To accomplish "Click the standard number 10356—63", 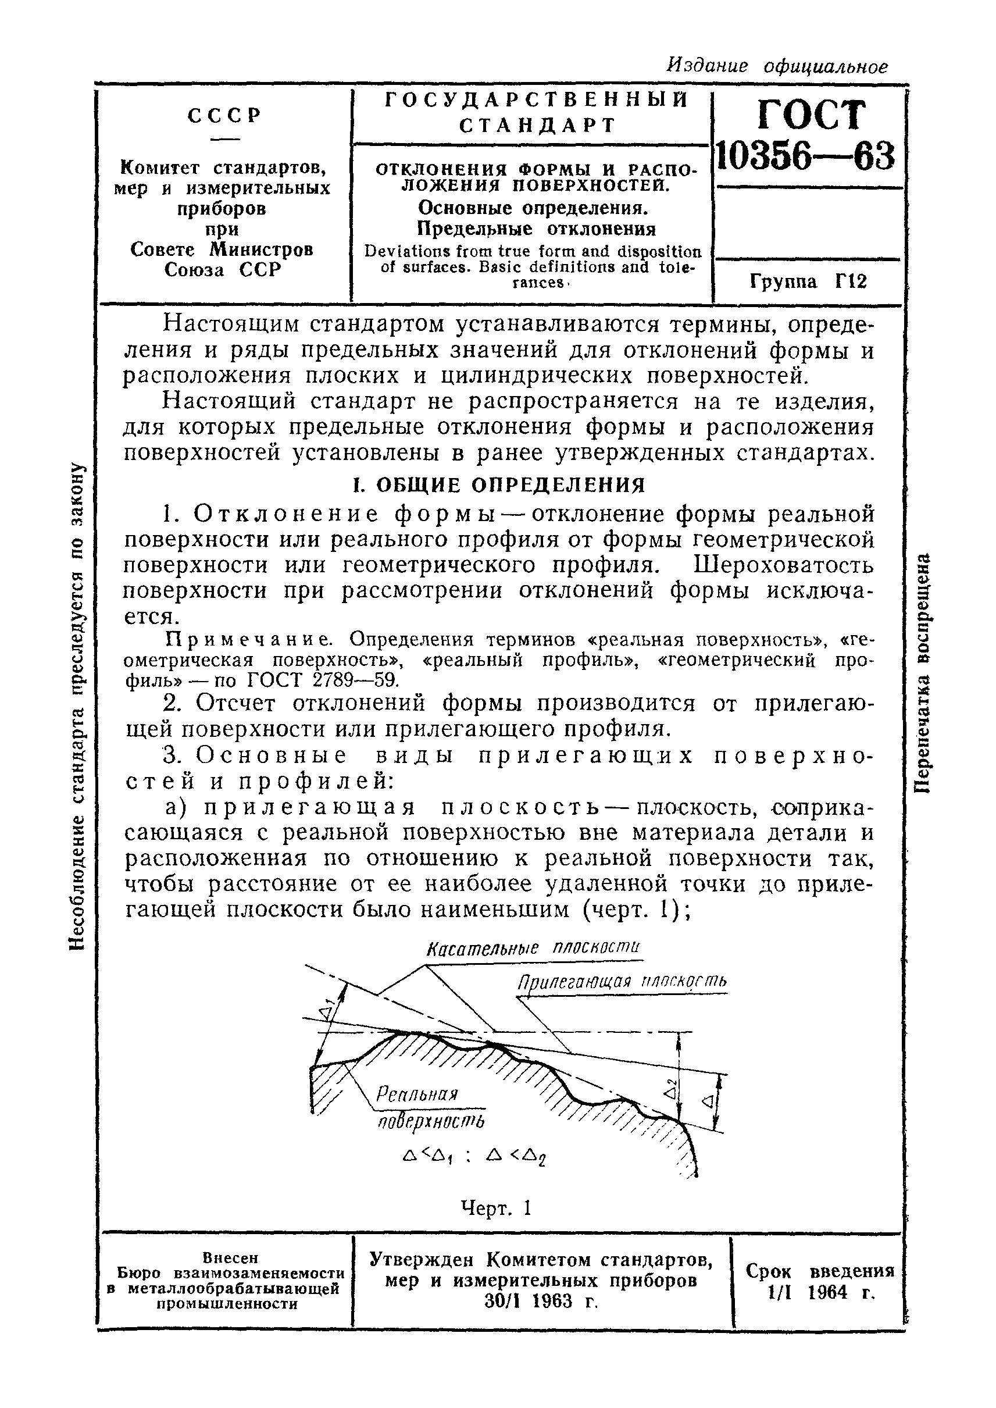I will (x=806, y=156).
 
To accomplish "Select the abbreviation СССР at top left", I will (x=225, y=115).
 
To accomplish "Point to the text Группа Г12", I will (x=808, y=281).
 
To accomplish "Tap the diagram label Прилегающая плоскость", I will (x=622, y=982).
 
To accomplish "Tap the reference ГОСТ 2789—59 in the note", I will (x=323, y=679).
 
